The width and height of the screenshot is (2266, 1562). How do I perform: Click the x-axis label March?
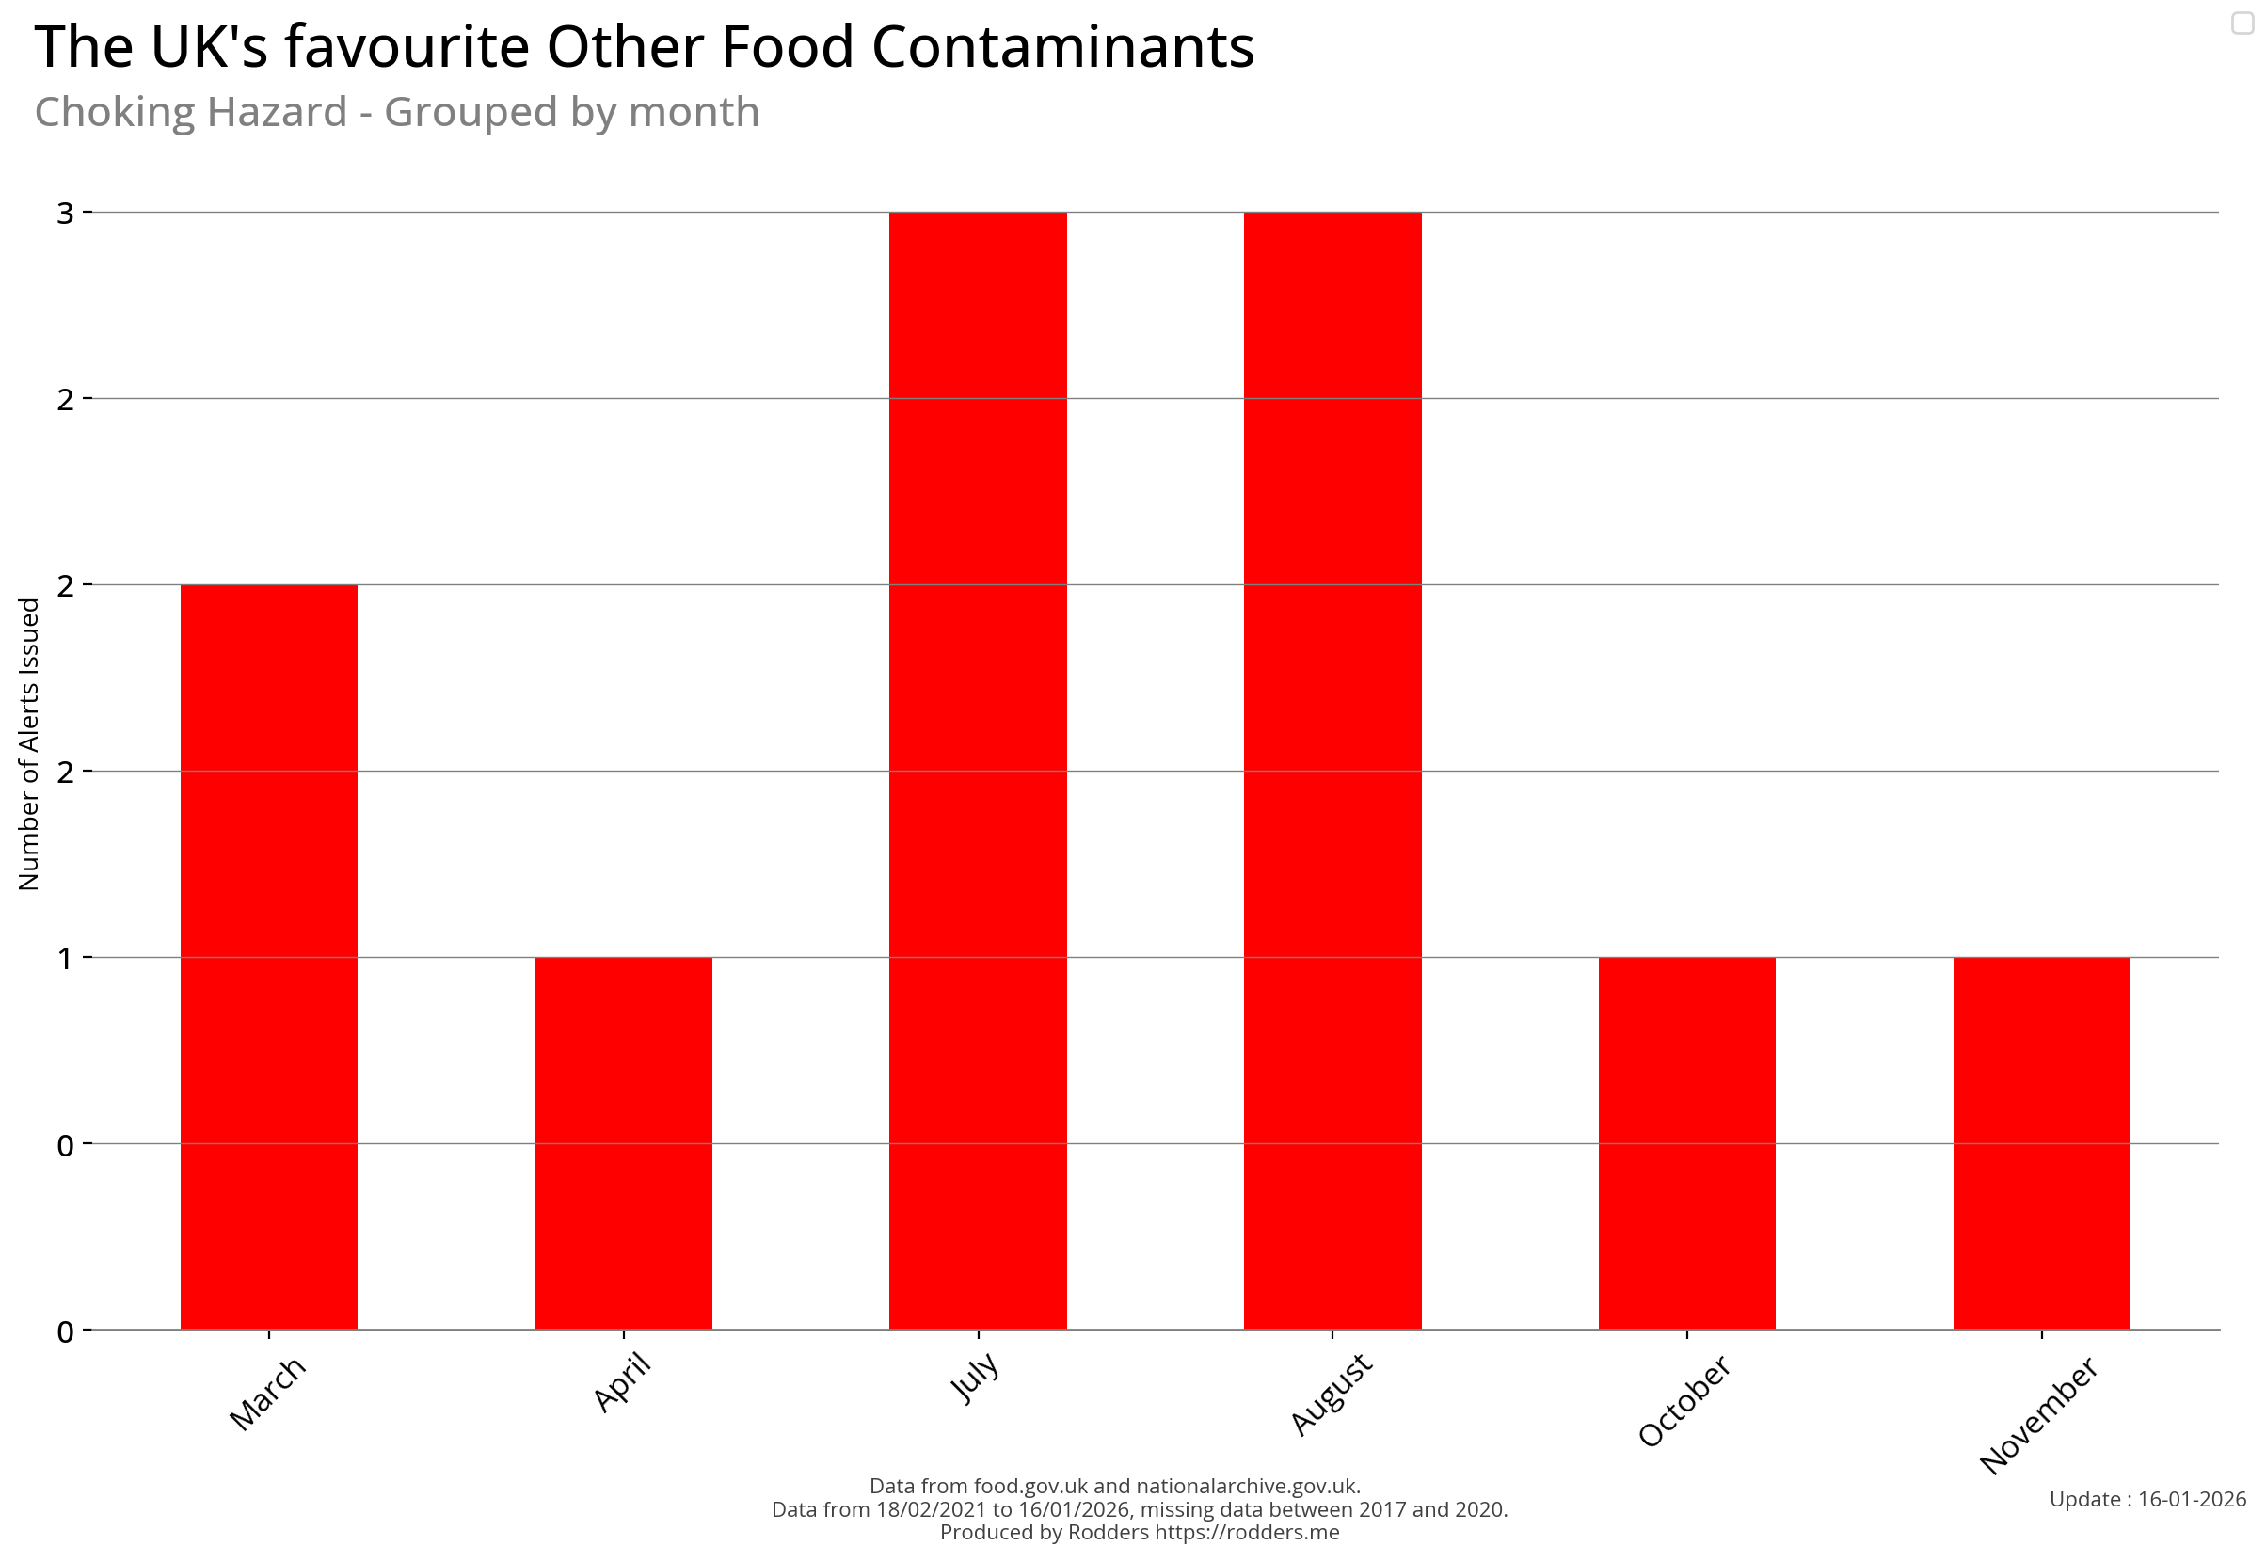tap(267, 1394)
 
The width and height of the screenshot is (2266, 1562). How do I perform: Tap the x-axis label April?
tap(623, 1381)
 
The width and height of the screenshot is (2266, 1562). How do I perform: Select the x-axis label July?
tap(975, 1377)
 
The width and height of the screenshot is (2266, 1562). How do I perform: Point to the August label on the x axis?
tap(1332, 1394)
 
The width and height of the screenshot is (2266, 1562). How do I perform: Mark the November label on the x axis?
tap(2037, 1414)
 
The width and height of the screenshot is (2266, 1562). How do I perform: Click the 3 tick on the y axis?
tap(66, 213)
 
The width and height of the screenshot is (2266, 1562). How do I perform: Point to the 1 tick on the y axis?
tap(66, 957)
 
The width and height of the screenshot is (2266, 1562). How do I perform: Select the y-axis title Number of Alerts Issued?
tap(28, 743)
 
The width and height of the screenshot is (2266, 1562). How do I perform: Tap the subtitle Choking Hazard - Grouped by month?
tap(396, 112)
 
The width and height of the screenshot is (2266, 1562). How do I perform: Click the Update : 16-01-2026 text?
tap(2146, 1498)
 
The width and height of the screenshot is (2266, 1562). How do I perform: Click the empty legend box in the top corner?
tap(2242, 23)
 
